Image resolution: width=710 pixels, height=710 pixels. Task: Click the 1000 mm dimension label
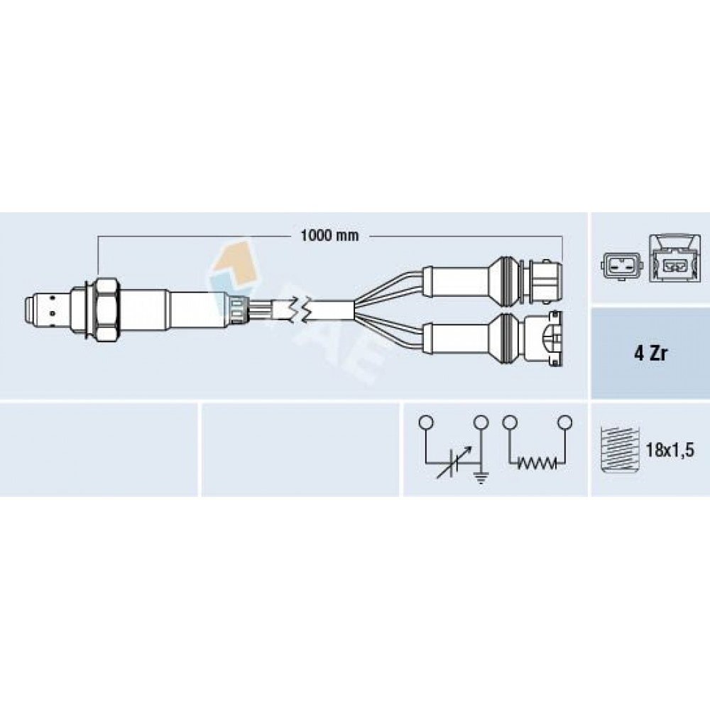(x=329, y=236)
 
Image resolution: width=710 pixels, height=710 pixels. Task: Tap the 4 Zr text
(x=650, y=354)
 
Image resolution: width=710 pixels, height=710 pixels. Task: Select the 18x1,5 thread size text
(x=670, y=450)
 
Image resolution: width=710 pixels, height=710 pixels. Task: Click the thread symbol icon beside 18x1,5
(x=618, y=449)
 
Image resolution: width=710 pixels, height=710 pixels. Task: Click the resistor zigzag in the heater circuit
(x=537, y=463)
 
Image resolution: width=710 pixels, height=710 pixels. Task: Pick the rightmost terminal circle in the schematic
(x=564, y=422)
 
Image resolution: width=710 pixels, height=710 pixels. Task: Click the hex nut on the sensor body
(x=107, y=310)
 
